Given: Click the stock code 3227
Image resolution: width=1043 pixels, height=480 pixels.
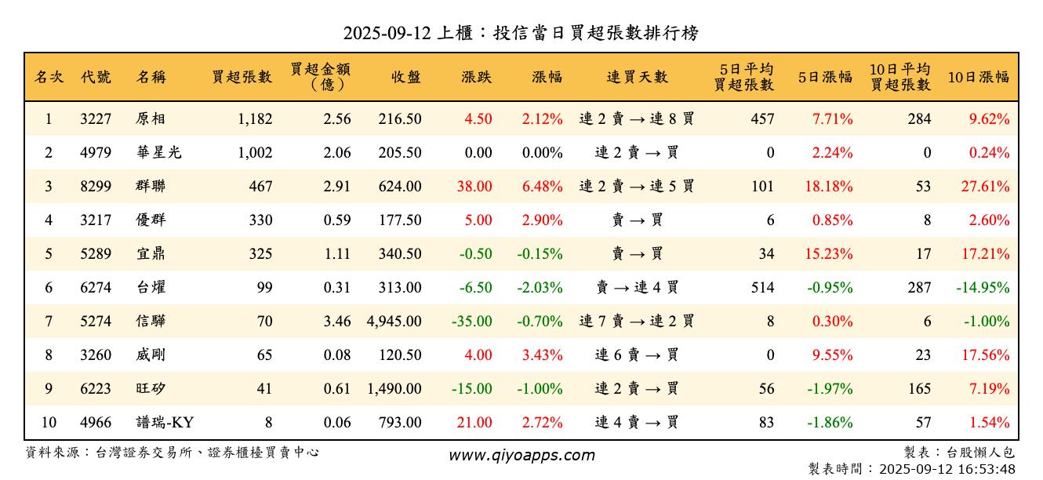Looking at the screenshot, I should click(x=96, y=119).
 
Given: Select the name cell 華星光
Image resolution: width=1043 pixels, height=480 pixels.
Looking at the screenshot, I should click(x=158, y=153).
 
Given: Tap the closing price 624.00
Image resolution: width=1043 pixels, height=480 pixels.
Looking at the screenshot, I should click(x=400, y=187).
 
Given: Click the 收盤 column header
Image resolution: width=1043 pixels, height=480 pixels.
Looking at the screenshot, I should click(x=405, y=77).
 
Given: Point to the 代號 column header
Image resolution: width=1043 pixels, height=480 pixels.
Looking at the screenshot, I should click(x=96, y=77).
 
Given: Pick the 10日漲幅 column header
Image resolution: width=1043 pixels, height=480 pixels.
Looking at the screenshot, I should click(x=978, y=77).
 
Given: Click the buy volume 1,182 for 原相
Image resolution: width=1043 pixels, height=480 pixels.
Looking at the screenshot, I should click(x=255, y=119).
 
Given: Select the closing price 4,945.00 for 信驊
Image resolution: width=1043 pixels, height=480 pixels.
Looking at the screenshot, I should click(x=394, y=322).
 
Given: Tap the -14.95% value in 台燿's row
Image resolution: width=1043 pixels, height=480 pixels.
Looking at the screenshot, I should click(x=983, y=288).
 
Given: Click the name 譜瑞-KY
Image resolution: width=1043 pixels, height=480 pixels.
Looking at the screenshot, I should click(x=165, y=423).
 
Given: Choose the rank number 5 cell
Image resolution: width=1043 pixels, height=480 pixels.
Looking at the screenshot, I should click(x=49, y=254).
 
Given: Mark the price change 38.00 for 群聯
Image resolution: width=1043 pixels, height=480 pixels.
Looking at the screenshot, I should click(x=478, y=187).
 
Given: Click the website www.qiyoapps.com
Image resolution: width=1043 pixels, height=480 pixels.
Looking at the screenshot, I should click(x=521, y=456).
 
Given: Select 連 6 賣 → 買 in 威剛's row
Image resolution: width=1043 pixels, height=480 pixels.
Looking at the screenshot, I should click(x=637, y=355).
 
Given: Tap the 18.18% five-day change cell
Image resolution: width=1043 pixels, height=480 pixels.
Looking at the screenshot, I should click(x=830, y=187).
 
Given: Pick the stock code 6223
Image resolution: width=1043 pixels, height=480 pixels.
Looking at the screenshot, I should click(x=96, y=389).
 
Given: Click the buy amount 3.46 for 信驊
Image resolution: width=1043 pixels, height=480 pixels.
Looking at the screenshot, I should click(x=337, y=322).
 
